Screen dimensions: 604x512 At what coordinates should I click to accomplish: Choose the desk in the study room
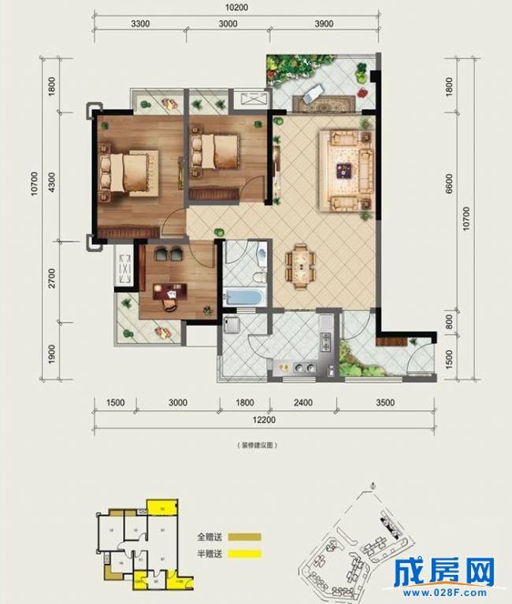169,292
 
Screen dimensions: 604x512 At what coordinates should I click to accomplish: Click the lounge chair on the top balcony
311,93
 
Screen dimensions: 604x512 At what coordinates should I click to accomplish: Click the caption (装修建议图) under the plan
257,446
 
